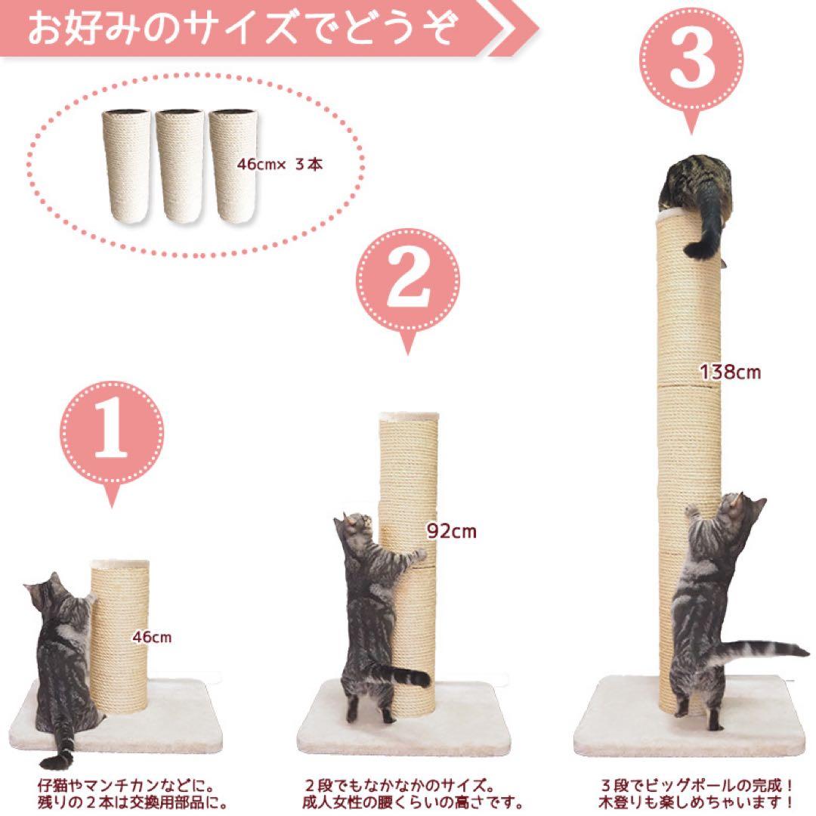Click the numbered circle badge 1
[111, 433]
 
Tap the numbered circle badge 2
[408, 280]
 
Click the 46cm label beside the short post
[151, 637]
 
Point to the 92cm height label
[452, 531]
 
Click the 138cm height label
[730, 372]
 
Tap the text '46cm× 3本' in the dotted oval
[280, 165]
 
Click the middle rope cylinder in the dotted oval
[180, 166]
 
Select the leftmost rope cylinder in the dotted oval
[126, 166]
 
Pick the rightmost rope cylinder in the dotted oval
[233, 166]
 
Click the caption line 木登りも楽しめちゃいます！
[697, 802]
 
